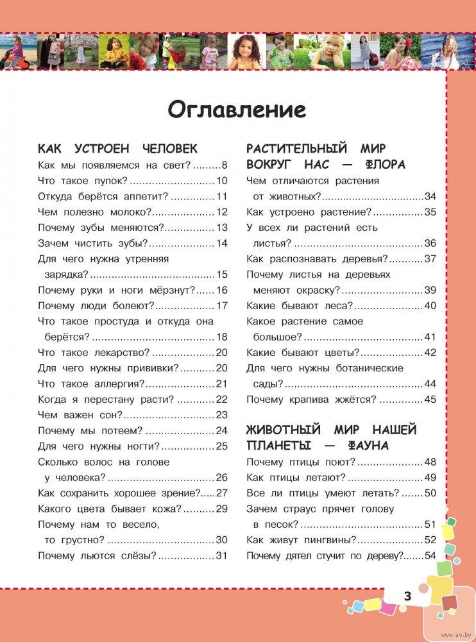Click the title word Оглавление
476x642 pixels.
click(237, 110)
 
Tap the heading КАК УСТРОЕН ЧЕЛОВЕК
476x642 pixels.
click(117, 149)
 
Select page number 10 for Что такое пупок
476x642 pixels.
click(222, 181)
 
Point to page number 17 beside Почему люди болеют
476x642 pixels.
click(222, 305)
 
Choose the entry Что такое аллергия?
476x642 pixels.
click(91, 384)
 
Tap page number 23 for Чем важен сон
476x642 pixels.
click(222, 415)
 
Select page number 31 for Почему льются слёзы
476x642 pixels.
click(222, 555)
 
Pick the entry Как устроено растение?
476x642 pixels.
click(309, 212)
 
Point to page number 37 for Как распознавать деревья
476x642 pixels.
click(430, 258)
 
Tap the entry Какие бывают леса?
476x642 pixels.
click(300, 305)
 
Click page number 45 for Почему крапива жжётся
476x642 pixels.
click(430, 399)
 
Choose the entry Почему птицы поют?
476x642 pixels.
click(301, 462)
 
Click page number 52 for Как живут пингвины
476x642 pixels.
click(430, 540)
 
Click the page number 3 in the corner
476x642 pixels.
click(407, 596)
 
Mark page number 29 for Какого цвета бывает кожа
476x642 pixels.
click(222, 509)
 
